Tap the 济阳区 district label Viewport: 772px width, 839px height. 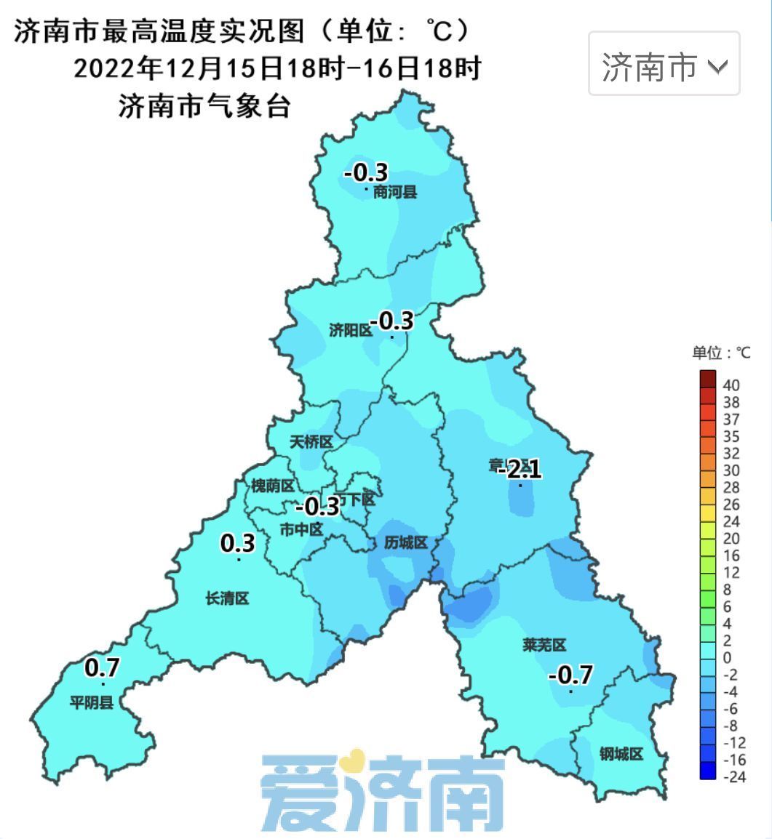(350, 331)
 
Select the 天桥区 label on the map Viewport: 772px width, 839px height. (311, 442)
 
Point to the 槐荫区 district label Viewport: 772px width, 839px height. (272, 486)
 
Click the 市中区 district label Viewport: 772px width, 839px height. (301, 530)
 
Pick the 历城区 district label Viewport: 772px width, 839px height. (405, 542)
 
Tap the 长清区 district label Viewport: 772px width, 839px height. (227, 598)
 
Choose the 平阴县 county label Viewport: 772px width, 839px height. (92, 702)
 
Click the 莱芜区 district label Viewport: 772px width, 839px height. (544, 645)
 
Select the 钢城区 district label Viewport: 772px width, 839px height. (621, 754)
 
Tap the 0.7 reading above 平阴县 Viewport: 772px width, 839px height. (102, 667)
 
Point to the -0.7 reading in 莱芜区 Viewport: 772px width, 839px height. (570, 675)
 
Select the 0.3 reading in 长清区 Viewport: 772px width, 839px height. (238, 543)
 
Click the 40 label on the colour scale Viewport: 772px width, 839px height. (731, 385)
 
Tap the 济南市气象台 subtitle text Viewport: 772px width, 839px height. (204, 107)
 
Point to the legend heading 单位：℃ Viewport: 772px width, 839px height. (720, 353)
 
